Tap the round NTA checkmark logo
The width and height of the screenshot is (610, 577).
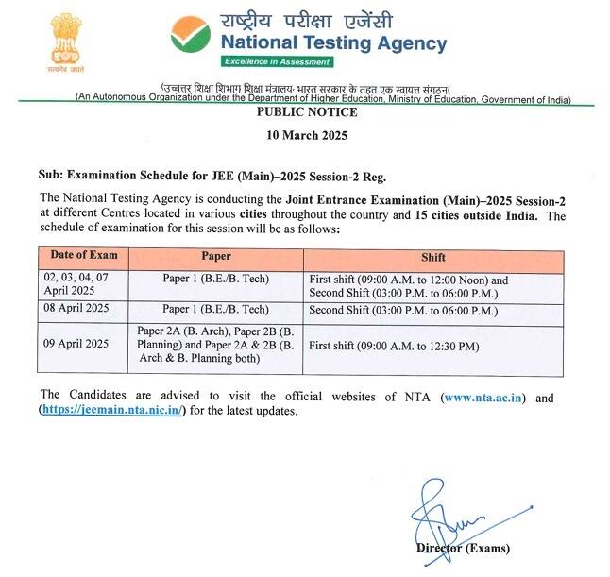click(x=191, y=34)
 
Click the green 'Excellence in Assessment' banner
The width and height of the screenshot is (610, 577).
click(x=277, y=62)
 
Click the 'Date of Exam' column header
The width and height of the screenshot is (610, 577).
click(x=83, y=257)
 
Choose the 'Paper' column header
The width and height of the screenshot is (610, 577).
click(x=215, y=257)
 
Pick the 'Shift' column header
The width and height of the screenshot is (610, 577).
click(x=433, y=257)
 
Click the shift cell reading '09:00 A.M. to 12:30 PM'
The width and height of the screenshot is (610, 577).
click(x=395, y=347)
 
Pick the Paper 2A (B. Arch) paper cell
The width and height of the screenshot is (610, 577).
click(x=216, y=346)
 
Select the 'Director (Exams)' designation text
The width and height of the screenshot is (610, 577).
click(x=463, y=549)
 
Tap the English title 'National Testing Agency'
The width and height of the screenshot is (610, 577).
click(x=333, y=43)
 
